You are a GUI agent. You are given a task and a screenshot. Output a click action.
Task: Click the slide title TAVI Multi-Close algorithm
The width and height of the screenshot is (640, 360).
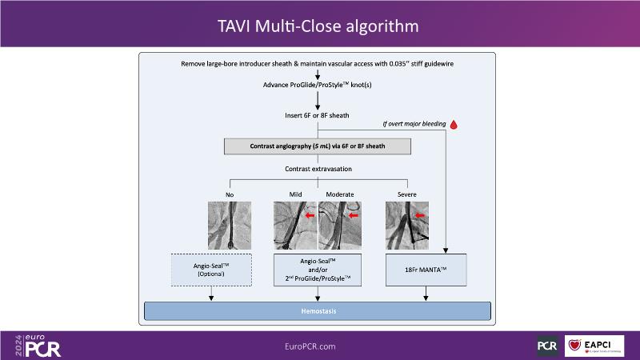click(319, 26)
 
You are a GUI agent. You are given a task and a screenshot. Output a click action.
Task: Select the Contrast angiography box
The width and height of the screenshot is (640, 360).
click(318, 146)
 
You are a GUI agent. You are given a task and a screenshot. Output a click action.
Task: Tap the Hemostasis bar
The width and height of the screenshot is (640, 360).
click(318, 311)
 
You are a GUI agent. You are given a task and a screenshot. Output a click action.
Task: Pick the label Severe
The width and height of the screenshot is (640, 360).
click(406, 194)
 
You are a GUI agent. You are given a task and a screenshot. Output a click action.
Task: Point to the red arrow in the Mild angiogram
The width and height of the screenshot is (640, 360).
click(309, 214)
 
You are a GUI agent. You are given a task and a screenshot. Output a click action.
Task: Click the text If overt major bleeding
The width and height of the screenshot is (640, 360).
click(412, 125)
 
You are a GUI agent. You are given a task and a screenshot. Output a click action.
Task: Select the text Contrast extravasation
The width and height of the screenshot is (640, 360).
click(318, 169)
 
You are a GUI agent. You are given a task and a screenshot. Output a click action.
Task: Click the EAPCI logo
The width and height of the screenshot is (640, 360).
click(594, 346)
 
